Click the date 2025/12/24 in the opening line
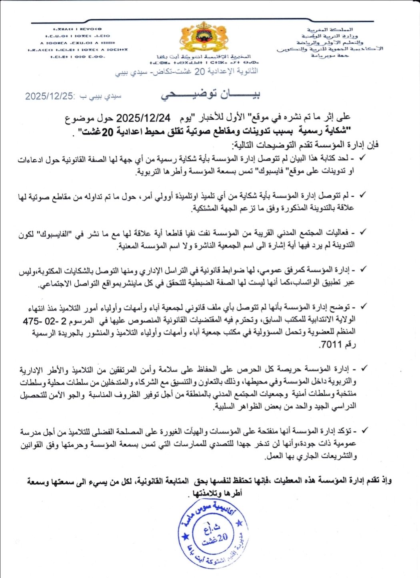coord(143,118)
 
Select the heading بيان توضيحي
coord(211,94)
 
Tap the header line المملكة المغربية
coord(330,30)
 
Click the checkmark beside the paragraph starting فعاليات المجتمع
coord(364,232)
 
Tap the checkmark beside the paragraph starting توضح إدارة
coord(364,307)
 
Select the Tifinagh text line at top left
coord(77,29)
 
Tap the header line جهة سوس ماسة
coord(330,55)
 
